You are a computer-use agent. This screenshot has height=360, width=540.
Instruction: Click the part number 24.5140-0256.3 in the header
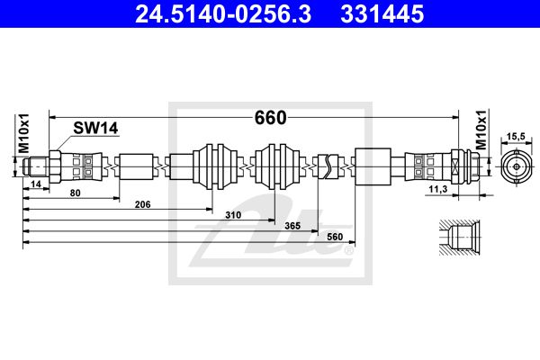pyautogui.click(x=223, y=13)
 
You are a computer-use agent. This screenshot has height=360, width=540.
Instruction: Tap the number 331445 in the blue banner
pyautogui.click(x=382, y=13)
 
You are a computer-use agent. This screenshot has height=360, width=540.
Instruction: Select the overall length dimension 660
pyautogui.click(x=270, y=118)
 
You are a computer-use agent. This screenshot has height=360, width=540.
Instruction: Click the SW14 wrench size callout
pyautogui.click(x=95, y=128)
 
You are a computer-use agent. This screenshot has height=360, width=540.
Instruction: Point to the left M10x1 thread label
pyautogui.click(x=24, y=133)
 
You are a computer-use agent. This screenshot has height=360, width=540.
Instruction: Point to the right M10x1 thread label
pyautogui.click(x=481, y=130)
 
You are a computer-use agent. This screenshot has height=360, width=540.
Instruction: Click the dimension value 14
pyautogui.click(x=36, y=184)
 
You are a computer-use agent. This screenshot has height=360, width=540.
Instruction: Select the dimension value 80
pyautogui.click(x=75, y=193)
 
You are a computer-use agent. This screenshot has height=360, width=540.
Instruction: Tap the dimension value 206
pyautogui.click(x=142, y=204)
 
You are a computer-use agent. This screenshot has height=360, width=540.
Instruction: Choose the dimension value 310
pyautogui.click(x=233, y=215)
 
